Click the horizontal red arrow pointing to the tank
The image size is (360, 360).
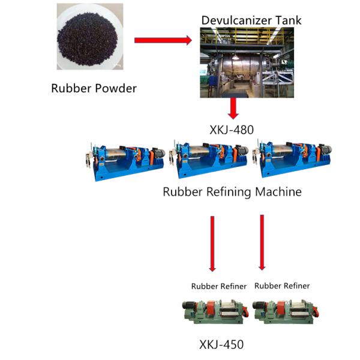point(162,40)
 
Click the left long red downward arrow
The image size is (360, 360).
point(212,243)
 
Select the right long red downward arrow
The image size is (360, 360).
point(262,242)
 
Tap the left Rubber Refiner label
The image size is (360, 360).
point(218,286)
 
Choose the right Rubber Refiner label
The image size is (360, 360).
point(282,286)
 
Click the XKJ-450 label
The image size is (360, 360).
point(221,344)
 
